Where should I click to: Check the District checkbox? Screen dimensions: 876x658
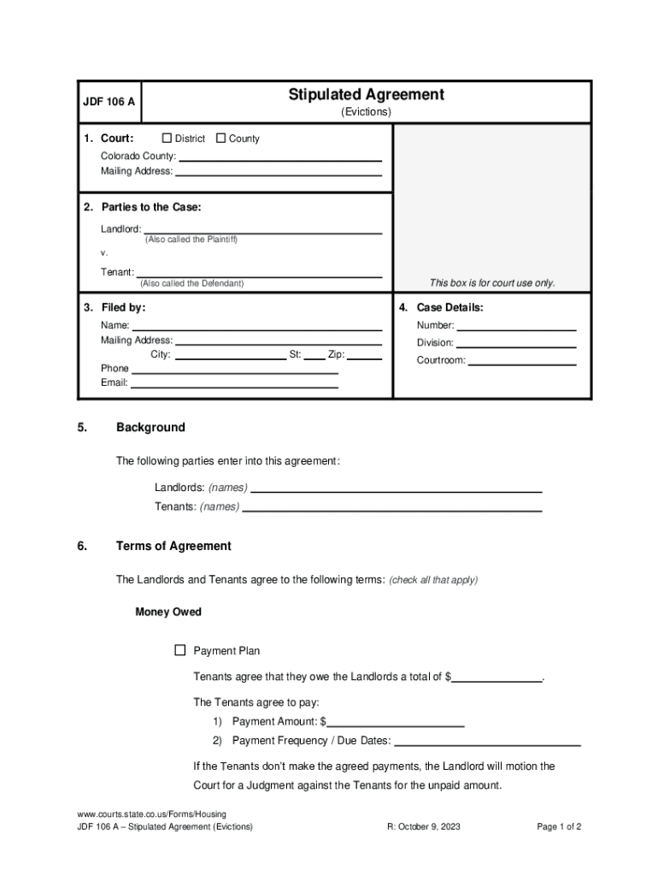coord(167,139)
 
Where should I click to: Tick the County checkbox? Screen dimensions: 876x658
coord(221,139)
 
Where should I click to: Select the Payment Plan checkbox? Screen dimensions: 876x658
coord(180,650)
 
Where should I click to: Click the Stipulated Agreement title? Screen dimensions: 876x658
coord(366,95)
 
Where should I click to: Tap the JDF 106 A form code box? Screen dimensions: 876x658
coord(109,102)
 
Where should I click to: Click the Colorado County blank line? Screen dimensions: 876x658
coord(279,157)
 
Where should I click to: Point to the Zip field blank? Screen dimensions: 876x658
coord(364,355)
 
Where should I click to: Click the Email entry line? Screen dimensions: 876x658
coord(234,384)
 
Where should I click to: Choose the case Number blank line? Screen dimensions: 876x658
coord(517,326)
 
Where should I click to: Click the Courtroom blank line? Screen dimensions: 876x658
coord(522,361)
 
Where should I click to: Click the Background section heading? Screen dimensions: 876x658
coord(150,428)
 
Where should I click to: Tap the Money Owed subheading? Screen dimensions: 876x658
coord(168,613)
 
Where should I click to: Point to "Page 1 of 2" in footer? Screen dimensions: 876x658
coord(559,827)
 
